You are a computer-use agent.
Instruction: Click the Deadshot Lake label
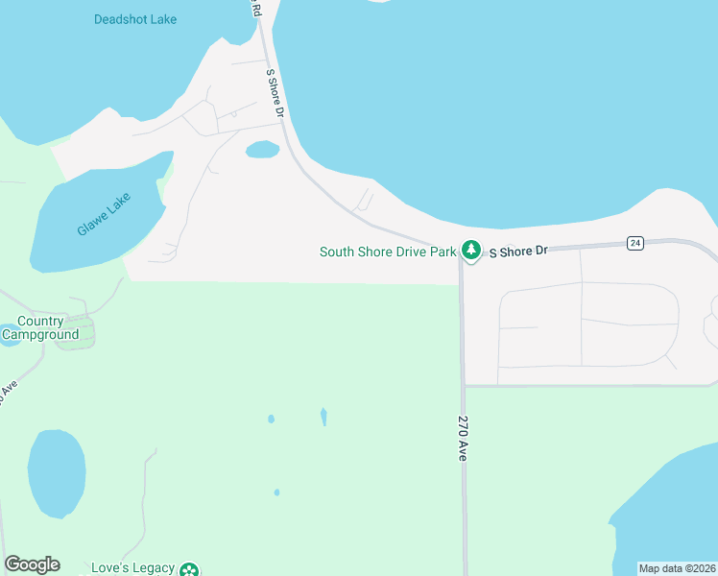(x=135, y=19)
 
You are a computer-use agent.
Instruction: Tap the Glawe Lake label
(x=104, y=214)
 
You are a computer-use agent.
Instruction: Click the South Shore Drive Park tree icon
(x=470, y=251)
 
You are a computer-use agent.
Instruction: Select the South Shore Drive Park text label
(x=387, y=252)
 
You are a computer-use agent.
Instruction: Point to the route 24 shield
(x=635, y=243)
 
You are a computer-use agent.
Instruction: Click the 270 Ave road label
(x=462, y=439)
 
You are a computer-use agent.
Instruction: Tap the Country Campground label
(x=40, y=328)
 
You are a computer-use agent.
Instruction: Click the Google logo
(x=32, y=564)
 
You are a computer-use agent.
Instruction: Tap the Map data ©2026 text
(x=677, y=568)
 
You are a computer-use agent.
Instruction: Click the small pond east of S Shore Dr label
(x=262, y=149)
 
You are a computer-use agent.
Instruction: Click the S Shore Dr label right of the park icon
(x=518, y=251)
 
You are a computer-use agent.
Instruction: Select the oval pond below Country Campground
(x=56, y=473)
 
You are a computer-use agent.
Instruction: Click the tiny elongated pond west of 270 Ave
(x=323, y=417)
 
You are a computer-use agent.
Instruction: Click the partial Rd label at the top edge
(x=256, y=10)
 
